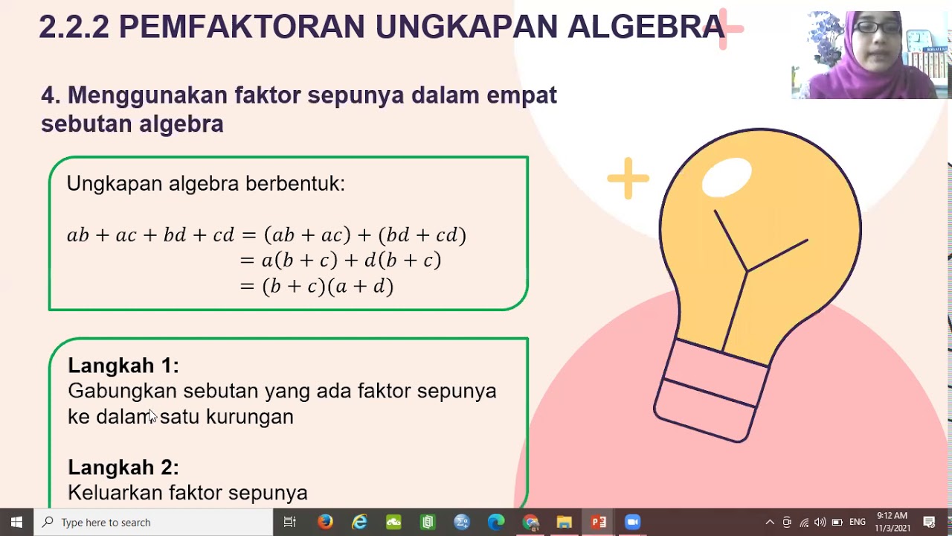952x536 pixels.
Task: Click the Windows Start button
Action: pos(16,522)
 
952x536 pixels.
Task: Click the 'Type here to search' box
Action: pos(153,522)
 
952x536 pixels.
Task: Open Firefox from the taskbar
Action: pos(325,522)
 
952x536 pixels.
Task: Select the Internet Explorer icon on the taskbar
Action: pos(359,522)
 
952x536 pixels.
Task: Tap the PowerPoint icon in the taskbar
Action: pos(598,522)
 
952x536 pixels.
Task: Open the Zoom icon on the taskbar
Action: pos(632,522)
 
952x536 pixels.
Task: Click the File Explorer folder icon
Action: pos(564,522)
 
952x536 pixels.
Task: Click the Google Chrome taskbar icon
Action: pos(530,522)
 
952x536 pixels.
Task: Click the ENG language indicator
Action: pos(858,522)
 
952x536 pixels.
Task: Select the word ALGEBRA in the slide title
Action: pos(646,27)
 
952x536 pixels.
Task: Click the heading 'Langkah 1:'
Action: pos(123,366)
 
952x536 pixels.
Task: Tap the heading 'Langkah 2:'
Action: pos(123,468)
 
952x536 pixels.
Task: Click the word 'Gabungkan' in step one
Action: pos(122,392)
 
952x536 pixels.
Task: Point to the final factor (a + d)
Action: pos(362,287)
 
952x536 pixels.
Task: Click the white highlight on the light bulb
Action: pos(727,177)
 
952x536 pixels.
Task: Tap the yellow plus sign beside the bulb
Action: pos(628,178)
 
